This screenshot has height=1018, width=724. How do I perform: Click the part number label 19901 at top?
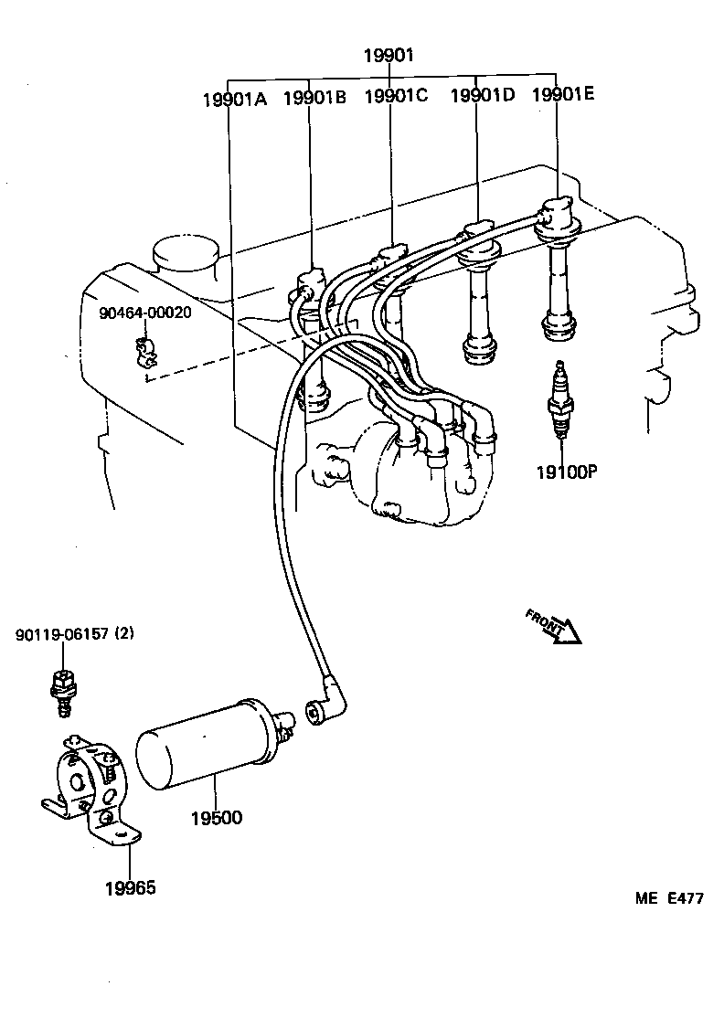[389, 56]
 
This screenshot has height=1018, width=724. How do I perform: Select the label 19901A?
[234, 99]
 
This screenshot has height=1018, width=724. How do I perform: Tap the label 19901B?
[314, 98]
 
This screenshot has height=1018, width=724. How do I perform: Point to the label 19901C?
[396, 96]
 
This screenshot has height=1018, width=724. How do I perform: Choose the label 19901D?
[482, 96]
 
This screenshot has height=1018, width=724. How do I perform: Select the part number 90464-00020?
[145, 313]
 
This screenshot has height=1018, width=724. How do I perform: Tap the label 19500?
[217, 817]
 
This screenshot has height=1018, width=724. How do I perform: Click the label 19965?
[130, 887]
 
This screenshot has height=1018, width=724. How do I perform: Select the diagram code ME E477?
[669, 898]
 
